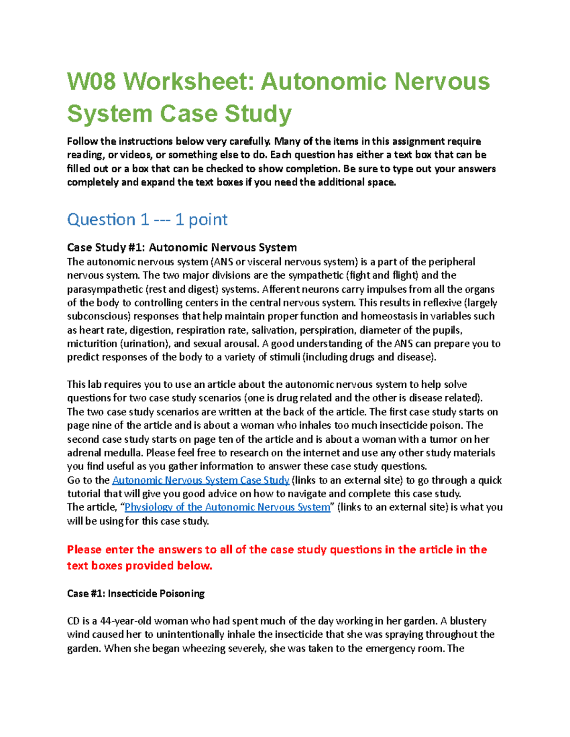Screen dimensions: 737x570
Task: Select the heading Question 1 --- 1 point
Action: (x=147, y=219)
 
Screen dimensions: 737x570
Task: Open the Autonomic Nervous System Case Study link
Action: (x=200, y=480)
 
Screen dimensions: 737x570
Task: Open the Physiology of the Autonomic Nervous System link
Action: (x=227, y=507)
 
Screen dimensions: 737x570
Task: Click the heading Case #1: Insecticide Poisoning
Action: (x=136, y=593)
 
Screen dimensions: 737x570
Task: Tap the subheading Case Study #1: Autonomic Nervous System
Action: (x=182, y=247)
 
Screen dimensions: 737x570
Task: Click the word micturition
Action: (x=92, y=343)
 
